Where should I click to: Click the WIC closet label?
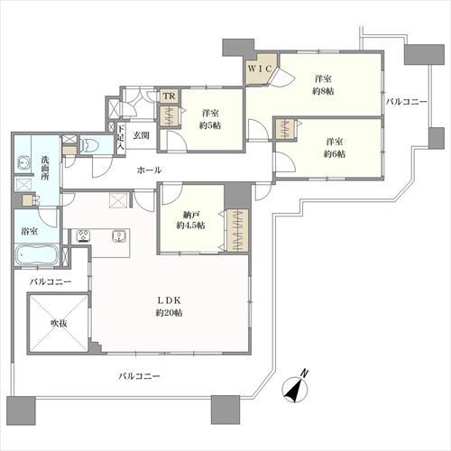[x=259, y=68]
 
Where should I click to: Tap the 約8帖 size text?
[x=322, y=91]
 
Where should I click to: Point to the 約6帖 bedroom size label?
[x=335, y=154]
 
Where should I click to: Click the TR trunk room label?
[x=168, y=96]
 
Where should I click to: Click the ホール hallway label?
[x=149, y=170]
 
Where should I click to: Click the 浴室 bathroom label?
[x=29, y=232]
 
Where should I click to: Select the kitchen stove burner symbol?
[x=82, y=236]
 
